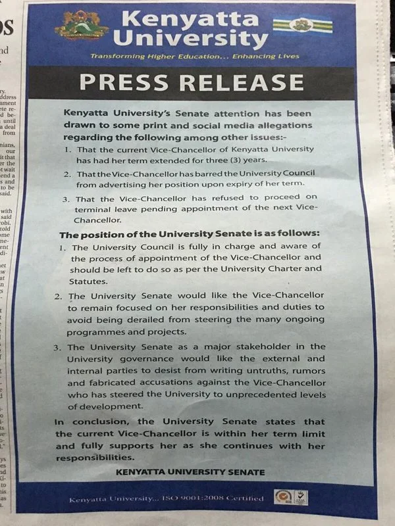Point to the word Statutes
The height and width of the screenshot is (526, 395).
tap(90, 279)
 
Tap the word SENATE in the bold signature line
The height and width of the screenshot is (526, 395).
tap(246, 472)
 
